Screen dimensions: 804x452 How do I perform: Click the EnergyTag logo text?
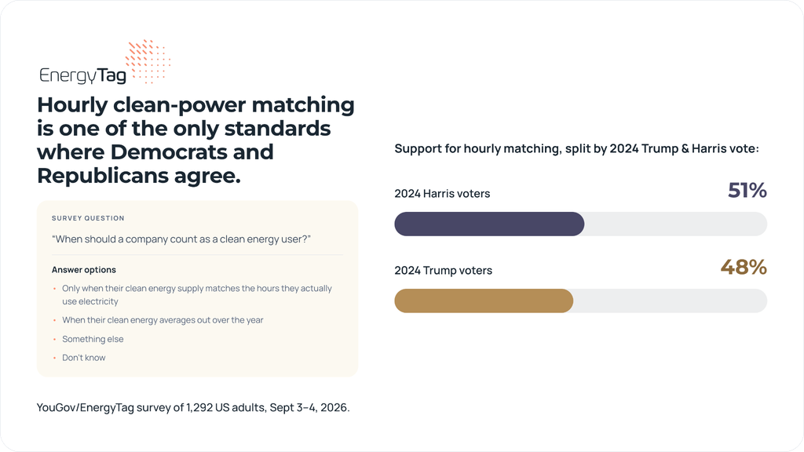[x=82, y=75]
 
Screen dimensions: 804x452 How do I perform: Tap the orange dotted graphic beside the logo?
[x=148, y=61]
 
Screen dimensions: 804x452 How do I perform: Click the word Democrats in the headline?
[x=192, y=151]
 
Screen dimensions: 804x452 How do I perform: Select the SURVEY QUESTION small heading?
[x=88, y=218]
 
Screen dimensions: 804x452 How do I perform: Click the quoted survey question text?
[x=181, y=239]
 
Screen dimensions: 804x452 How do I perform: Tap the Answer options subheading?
[x=84, y=270]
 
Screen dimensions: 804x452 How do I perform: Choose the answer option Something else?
[x=93, y=339]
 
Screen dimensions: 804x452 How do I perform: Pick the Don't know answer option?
[x=83, y=358]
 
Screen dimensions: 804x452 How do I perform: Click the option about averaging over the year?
[x=163, y=320]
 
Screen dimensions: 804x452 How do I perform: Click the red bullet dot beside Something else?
[x=54, y=339]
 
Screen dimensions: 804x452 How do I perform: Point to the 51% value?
[x=747, y=191]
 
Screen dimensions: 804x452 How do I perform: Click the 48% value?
[x=744, y=267]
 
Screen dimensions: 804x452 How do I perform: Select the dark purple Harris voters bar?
[x=489, y=224]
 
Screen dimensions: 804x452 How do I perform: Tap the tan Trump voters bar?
[x=484, y=301]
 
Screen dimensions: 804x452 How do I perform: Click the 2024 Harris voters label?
[x=442, y=194]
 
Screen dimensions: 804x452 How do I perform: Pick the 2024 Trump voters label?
[x=443, y=271]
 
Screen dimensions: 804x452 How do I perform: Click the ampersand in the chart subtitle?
[x=685, y=148]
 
